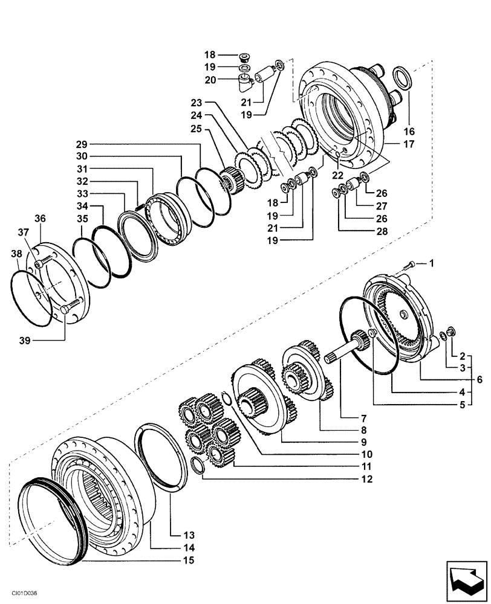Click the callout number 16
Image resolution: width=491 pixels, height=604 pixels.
point(409,131)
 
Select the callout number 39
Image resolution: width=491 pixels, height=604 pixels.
point(25,341)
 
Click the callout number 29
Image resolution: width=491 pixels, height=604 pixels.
point(82,144)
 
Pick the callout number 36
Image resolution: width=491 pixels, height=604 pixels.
point(40,219)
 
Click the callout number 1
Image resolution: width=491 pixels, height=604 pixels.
point(432,263)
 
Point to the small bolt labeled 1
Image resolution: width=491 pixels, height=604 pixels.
point(411,264)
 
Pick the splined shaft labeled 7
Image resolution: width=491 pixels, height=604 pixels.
point(345,356)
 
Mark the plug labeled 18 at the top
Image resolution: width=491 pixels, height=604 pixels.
point(245,58)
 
